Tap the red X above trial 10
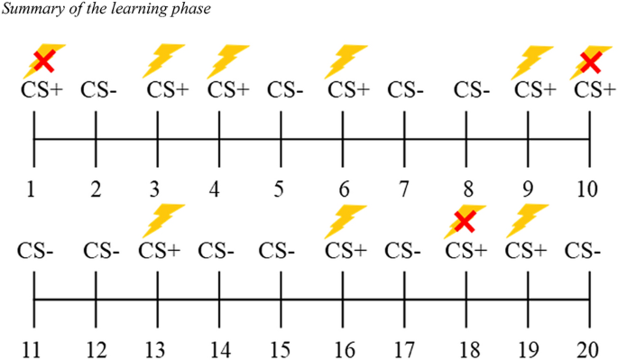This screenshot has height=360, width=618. [590, 61]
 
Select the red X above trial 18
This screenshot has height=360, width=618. [465, 221]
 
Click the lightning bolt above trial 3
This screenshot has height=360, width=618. [165, 61]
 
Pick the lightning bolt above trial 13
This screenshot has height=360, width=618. [163, 220]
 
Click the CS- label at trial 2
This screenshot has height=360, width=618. [100, 90]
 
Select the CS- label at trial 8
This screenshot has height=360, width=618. [472, 90]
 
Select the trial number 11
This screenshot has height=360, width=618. [33, 348]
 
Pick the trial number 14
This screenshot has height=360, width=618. [218, 348]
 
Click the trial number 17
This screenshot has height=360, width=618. [403, 348]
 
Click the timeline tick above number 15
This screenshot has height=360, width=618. [281, 298]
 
